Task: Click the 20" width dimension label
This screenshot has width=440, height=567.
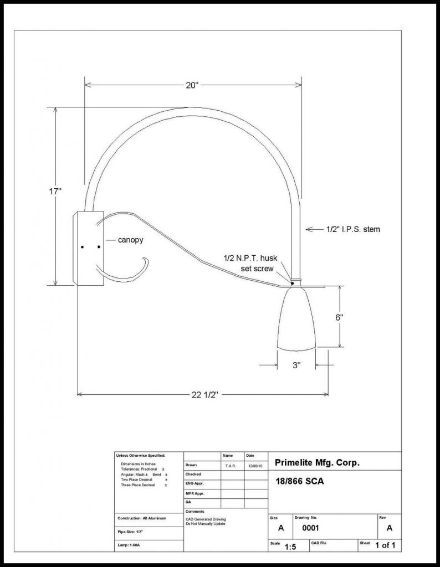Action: tap(192, 85)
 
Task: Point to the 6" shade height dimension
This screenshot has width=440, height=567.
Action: tap(339, 317)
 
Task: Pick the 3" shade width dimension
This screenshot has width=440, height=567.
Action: tap(296, 365)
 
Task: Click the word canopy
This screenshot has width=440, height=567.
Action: tap(131, 240)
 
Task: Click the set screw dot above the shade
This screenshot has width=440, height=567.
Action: tap(292, 283)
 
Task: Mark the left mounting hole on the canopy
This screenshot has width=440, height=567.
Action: tap(82, 246)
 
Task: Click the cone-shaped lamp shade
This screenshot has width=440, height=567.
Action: tap(296, 319)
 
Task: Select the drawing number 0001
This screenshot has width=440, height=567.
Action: tap(310, 528)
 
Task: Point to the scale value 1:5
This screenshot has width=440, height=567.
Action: tap(290, 548)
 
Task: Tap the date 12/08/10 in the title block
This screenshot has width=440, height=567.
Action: tap(255, 466)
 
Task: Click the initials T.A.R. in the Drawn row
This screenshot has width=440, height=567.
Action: tap(231, 466)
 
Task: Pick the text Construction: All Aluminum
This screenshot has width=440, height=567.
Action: tap(142, 518)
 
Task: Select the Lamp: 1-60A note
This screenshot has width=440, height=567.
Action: tap(131, 545)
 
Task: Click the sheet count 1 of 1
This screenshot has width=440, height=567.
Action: tap(385, 545)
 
